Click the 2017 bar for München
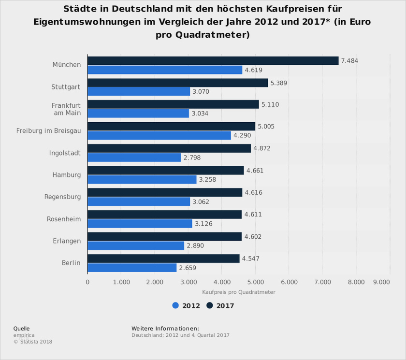click(x=213, y=61)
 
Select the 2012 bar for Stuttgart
click(x=139, y=91)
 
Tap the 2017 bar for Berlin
click(x=163, y=259)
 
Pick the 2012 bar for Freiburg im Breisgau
click(x=159, y=136)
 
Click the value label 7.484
click(x=349, y=61)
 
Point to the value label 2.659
click(x=188, y=268)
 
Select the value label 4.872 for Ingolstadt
click(x=262, y=148)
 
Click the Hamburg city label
click(x=67, y=175)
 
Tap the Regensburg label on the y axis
click(x=62, y=197)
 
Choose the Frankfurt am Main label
click(x=66, y=109)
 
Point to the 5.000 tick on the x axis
click(x=255, y=282)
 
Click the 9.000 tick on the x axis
click(x=382, y=282)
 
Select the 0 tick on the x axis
click(x=87, y=282)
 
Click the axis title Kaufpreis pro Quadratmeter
click(x=238, y=292)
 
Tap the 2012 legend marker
click(x=175, y=305)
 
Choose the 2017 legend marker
click(x=210, y=305)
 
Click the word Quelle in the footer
click(x=21, y=329)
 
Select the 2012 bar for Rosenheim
click(x=140, y=224)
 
